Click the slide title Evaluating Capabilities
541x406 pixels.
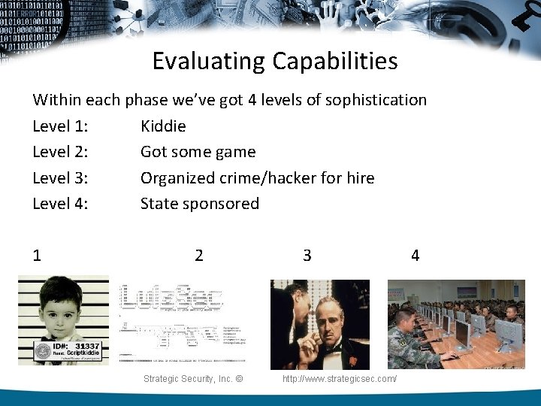pyautogui.click(x=275, y=61)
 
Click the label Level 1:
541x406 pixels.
pyautogui.click(x=60, y=126)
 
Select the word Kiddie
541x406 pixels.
pyautogui.click(x=163, y=126)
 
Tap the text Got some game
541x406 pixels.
pyautogui.click(x=198, y=152)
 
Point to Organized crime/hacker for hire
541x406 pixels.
pyautogui.click(x=257, y=178)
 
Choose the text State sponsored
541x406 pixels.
pyautogui.click(x=199, y=204)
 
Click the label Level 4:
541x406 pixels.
pyautogui.click(x=60, y=204)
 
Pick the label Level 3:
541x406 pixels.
pyautogui.click(x=60, y=178)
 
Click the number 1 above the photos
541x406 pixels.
pyautogui.click(x=37, y=256)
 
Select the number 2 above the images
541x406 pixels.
pyautogui.click(x=198, y=256)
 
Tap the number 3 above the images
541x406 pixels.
pyautogui.click(x=307, y=256)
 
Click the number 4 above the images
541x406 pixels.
pyautogui.click(x=415, y=256)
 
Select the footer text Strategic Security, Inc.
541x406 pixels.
pyautogui.click(x=192, y=379)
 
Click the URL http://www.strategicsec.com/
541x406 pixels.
pyautogui.click(x=340, y=379)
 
